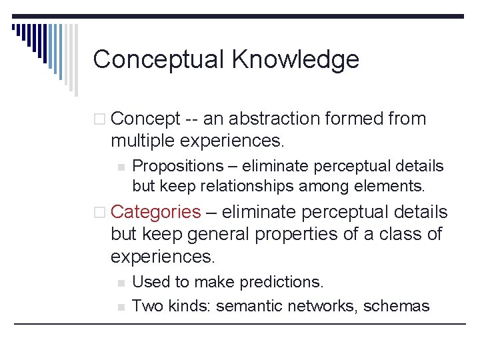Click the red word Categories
(155, 212)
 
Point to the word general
(219, 234)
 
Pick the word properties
(305, 234)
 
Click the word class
(399, 234)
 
